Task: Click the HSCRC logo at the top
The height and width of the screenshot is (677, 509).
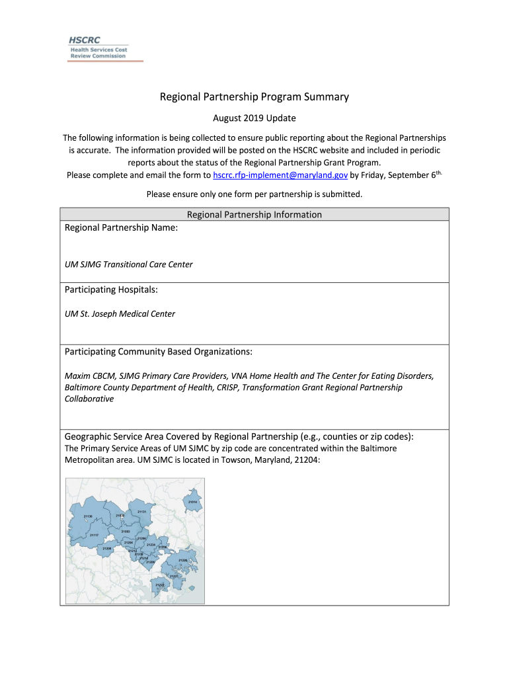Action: (98, 48)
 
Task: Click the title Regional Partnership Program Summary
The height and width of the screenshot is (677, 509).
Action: (255, 97)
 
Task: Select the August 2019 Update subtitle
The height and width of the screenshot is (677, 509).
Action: (255, 118)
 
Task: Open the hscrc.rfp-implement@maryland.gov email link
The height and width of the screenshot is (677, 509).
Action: (280, 175)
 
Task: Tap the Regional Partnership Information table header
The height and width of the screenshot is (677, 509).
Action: (255, 214)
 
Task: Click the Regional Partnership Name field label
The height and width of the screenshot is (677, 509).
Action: (121, 227)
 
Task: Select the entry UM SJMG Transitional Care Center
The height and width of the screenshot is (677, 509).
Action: (129, 264)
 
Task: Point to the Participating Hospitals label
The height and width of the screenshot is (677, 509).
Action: (111, 290)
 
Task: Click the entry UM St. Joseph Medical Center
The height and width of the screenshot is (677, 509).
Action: (120, 314)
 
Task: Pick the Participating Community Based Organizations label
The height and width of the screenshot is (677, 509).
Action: (159, 351)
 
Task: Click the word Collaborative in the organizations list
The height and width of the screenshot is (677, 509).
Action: (89, 399)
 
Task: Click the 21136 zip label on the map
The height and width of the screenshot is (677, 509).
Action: (88, 516)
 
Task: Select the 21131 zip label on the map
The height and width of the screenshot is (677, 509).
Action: (141, 512)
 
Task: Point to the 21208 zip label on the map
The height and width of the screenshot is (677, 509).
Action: (107, 548)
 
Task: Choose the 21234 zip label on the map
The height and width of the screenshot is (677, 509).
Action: (151, 544)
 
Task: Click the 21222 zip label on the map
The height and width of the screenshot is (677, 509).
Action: (159, 584)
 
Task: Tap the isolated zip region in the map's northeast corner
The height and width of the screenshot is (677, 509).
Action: (192, 501)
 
